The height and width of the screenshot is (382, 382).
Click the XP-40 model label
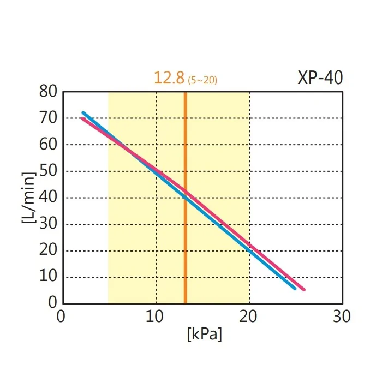point(320,78)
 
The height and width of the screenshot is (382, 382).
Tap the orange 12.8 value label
point(169,78)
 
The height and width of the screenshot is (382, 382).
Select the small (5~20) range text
point(202,81)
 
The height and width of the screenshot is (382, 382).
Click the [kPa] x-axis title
point(204,334)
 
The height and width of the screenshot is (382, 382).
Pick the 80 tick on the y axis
point(49,92)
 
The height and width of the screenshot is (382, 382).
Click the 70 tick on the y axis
point(49,118)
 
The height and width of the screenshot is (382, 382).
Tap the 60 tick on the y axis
point(49,145)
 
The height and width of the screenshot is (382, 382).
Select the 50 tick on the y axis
point(49,171)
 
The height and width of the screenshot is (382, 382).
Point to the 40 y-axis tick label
point(49,198)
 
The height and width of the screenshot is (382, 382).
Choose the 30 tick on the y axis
point(49,224)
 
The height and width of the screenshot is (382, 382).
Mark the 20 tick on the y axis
point(49,250)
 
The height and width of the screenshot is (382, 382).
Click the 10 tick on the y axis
point(49,277)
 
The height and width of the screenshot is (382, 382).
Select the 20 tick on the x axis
point(249,317)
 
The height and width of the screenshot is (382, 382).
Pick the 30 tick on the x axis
point(342,317)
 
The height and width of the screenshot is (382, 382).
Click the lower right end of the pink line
point(304,290)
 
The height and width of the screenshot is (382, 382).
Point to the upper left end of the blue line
point(83,113)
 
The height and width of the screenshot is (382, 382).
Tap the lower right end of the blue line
point(295,289)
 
